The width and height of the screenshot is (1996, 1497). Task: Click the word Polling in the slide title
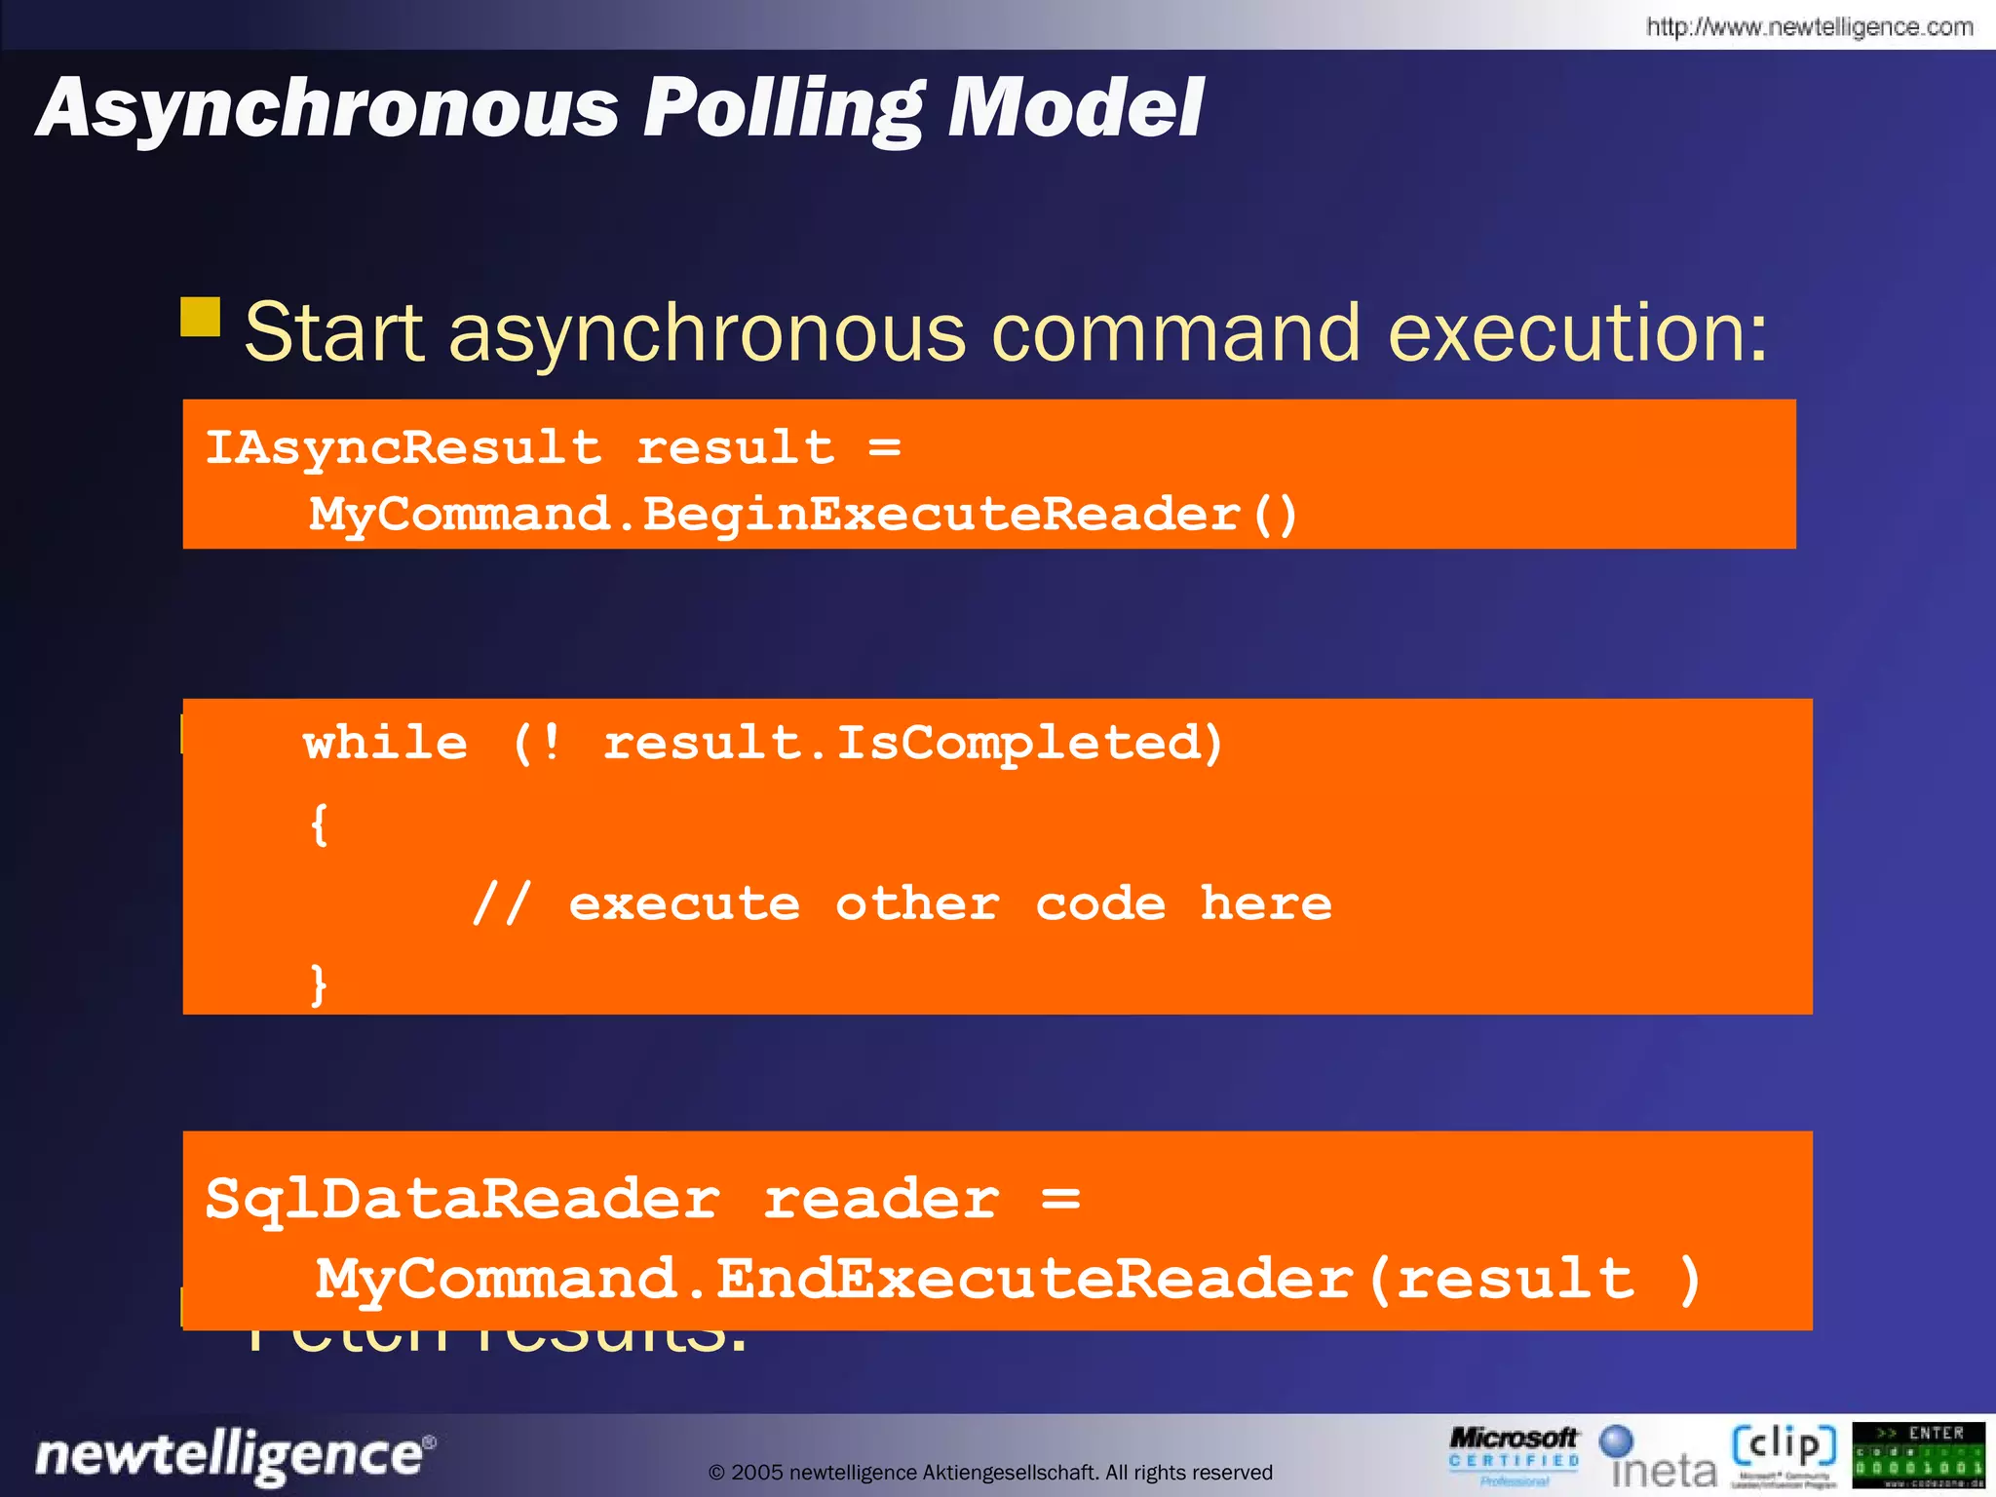tap(782, 109)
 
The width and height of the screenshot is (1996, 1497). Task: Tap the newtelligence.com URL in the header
tap(1809, 26)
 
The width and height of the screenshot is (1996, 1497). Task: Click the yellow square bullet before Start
tap(201, 317)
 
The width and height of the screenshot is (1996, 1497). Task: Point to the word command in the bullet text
tap(1175, 333)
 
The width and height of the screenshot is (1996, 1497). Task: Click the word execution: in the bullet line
tap(1577, 333)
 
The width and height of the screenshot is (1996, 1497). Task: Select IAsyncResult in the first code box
tap(403, 448)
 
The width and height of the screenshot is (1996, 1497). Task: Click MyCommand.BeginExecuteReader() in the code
tap(803, 515)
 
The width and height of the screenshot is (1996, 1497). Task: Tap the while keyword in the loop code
tap(386, 744)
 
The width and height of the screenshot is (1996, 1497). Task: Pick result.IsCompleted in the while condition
tap(912, 744)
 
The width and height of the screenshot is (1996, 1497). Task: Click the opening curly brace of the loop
tap(319, 825)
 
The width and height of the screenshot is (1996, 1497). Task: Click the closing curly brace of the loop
tap(319, 984)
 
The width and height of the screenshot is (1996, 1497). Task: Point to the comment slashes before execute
tap(501, 904)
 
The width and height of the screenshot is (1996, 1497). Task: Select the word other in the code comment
tap(917, 904)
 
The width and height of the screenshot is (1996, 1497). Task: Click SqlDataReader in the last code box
tap(462, 1199)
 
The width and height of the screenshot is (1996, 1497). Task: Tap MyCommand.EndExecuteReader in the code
tap(834, 1279)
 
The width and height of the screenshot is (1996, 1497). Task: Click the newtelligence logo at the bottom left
tap(235, 1455)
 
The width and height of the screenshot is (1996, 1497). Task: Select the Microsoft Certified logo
tap(1513, 1455)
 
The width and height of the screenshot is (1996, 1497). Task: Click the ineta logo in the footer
tap(1660, 1459)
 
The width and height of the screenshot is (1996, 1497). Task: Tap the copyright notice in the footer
tap(990, 1472)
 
